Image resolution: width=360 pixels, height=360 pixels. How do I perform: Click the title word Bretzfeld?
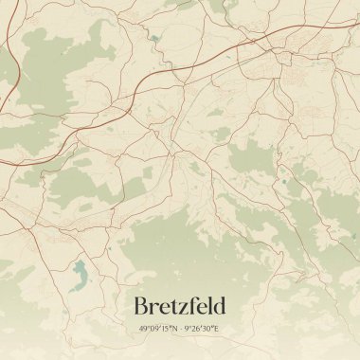pyautogui.click(x=180, y=306)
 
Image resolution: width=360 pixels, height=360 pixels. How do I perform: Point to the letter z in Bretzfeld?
pyautogui.click(x=186, y=308)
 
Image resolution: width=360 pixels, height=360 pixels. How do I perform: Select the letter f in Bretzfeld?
pyautogui.click(x=196, y=305)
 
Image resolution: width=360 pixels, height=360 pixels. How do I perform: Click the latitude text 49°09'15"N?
pyautogui.click(x=157, y=329)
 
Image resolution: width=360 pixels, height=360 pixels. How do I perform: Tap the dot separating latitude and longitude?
pyautogui.click(x=180, y=329)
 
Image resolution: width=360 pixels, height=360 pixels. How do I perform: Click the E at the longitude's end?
pyautogui.click(x=216, y=329)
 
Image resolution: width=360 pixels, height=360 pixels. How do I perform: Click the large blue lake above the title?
pyautogui.click(x=79, y=275)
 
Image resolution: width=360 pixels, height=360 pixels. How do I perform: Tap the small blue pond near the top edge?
pyautogui.click(x=153, y=39)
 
